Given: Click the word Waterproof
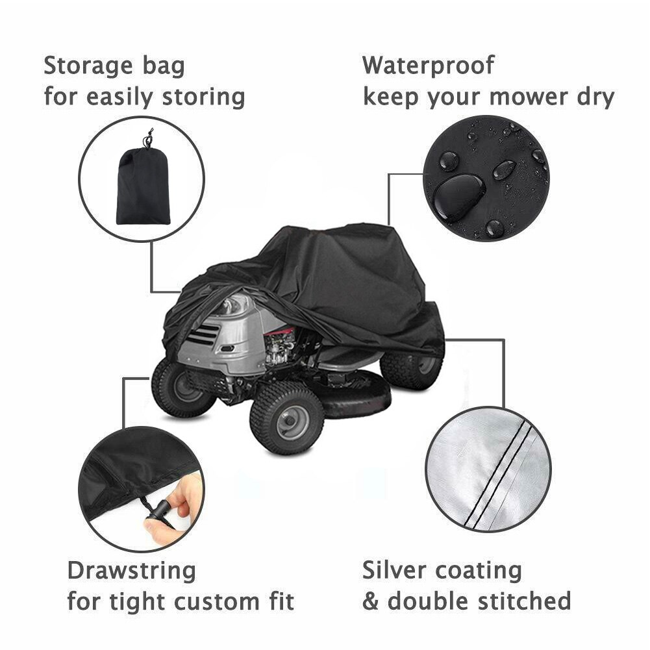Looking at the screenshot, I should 428,66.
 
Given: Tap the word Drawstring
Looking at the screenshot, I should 131,571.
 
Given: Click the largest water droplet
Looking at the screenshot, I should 458,195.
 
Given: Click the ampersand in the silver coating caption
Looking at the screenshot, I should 370,601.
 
